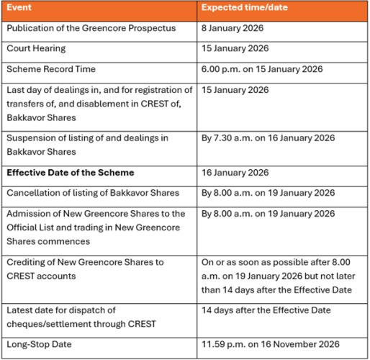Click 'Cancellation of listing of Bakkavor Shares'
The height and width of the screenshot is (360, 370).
[93, 193]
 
